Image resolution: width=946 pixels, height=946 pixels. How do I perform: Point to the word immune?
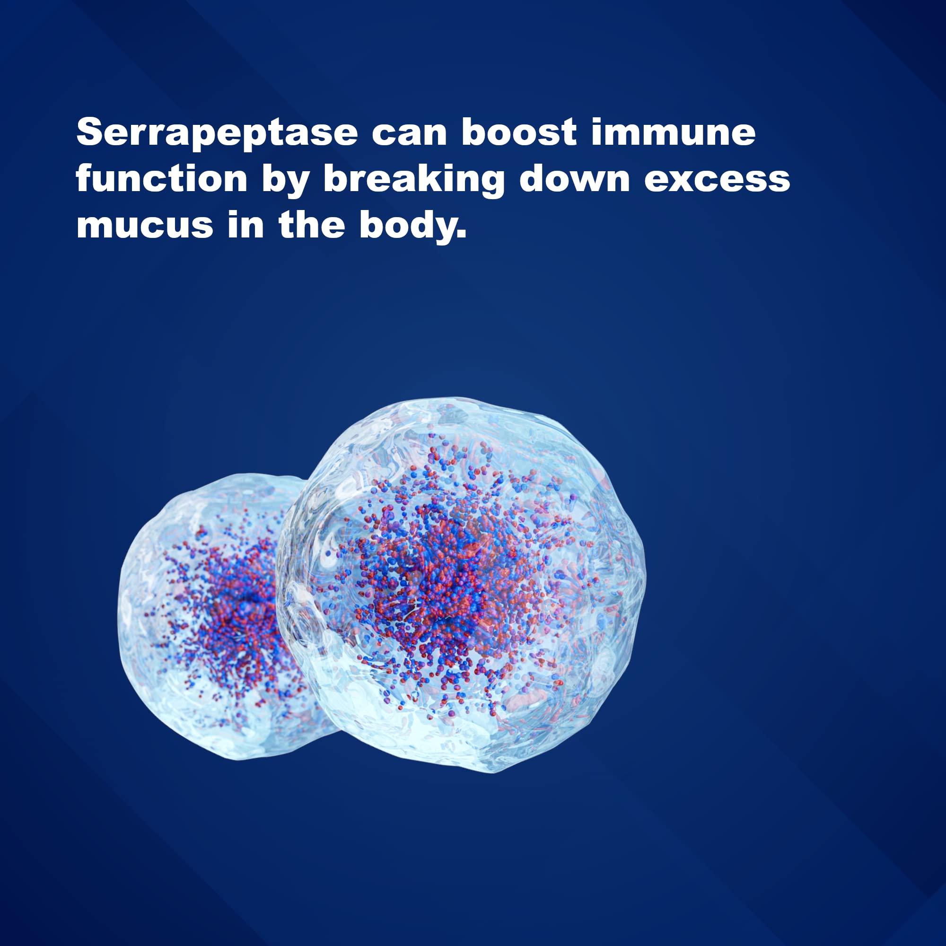pos(673,133)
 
